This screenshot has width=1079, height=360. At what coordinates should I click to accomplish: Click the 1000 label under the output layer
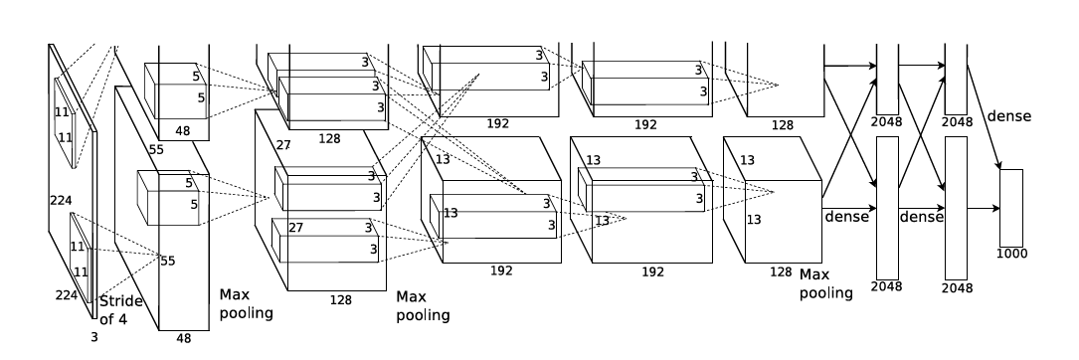coord(1011,254)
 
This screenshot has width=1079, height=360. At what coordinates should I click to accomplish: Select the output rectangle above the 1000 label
coord(1010,208)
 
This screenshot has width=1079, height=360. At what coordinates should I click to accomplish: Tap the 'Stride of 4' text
coord(120,309)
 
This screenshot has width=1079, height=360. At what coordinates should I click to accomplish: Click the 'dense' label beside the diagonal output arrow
coord(1008,116)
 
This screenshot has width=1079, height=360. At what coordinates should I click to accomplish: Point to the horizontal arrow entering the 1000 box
coord(984,208)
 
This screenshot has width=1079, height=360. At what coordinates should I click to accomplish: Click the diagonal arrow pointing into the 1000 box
coord(985,117)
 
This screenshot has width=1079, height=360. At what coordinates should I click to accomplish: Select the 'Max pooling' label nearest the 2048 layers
coord(825,283)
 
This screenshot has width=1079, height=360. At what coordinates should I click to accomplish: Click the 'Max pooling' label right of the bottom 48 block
coord(246,303)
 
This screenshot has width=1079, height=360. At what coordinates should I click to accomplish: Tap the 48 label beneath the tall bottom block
coord(183,338)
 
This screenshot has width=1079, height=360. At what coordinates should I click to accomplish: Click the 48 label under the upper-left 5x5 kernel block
coord(182,131)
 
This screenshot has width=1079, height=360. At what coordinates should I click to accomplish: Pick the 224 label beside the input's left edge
coord(62,200)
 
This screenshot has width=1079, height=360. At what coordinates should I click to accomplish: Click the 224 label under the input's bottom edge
coord(67,295)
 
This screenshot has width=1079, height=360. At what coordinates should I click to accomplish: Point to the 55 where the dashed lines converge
coord(168,261)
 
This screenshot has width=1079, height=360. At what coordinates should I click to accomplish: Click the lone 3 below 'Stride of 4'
coord(94,337)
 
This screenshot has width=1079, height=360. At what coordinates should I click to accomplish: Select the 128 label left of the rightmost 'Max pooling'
coord(781,271)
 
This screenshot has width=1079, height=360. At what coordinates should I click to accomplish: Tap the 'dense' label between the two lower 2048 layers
coord(922,217)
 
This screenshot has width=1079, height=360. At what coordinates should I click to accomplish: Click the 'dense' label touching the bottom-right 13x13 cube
coord(846,217)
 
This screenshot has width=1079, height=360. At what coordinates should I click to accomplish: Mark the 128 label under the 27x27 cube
coord(341,300)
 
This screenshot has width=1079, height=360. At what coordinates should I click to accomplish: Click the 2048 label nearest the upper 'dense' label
coord(958,122)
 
